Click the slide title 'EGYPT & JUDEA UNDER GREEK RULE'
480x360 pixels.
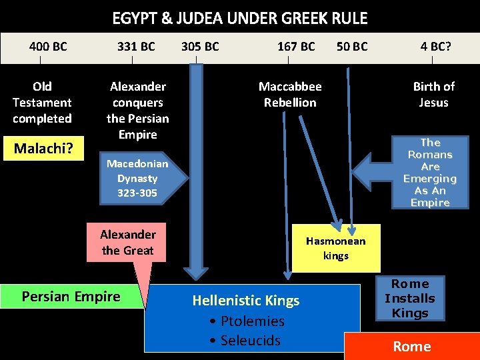[x=239, y=17]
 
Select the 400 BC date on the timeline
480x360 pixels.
[x=48, y=47]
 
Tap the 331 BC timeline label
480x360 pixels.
[x=136, y=47]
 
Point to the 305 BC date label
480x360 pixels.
[x=200, y=47]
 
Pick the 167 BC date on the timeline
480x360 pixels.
[x=296, y=47]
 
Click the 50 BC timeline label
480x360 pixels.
[x=352, y=47]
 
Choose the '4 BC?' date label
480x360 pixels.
[x=436, y=47]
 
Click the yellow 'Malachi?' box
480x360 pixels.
[x=43, y=148]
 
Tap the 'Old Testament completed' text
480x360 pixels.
[x=42, y=103]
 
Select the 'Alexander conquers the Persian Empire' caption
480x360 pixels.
[x=138, y=111]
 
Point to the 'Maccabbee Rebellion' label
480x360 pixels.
[x=290, y=95]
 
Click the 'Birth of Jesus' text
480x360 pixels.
[x=434, y=95]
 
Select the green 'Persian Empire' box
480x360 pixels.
[x=71, y=297]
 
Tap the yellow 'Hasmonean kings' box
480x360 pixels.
[x=336, y=248]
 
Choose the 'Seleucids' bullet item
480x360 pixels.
[x=245, y=341]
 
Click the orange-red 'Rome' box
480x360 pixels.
[x=412, y=346]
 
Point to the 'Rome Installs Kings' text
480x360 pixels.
[x=410, y=299]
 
